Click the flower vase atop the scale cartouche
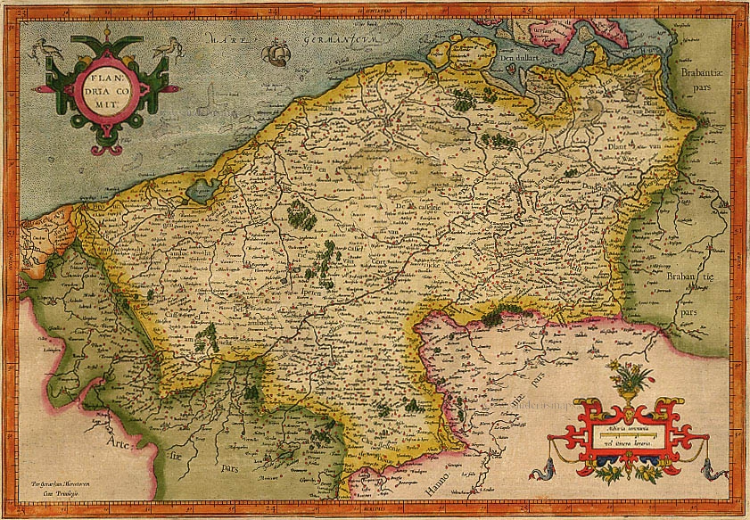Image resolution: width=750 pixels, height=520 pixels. pos(630,378)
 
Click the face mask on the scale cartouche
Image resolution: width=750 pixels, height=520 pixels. pos(630,413)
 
